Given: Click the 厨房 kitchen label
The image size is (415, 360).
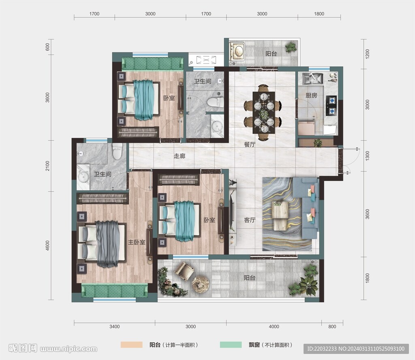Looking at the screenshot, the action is tap(311, 95).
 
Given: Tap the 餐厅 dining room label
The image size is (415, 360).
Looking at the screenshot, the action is tap(250, 145).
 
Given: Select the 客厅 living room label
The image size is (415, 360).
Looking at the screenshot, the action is tap(250, 220).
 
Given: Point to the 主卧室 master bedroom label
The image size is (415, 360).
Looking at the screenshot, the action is tap(137, 242).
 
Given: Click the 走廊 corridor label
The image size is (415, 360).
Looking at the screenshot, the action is tap(179, 156).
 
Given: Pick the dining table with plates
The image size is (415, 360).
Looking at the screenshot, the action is tap(263, 113).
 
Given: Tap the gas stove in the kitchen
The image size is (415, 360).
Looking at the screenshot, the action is tap(331, 106).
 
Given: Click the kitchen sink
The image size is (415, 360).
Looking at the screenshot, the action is tap(312, 78).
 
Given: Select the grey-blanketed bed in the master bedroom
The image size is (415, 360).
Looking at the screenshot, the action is tap(102, 244).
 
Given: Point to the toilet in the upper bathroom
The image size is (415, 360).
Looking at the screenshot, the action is tap(215, 102).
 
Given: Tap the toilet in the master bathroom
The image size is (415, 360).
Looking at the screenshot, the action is tap(117, 151).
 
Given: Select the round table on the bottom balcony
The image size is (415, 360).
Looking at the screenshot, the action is tap(201, 285).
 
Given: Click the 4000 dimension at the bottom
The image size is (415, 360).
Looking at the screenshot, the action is tap(274, 327).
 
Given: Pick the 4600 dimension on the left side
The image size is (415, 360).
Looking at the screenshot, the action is tap(47, 245).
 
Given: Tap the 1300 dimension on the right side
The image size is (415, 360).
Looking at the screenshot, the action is tap(367, 156).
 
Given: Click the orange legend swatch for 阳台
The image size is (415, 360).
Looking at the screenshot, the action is tap(132, 345).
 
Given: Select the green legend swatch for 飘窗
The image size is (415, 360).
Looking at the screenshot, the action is tap(231, 345).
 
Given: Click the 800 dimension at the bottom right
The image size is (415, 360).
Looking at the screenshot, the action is tap(332, 327).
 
